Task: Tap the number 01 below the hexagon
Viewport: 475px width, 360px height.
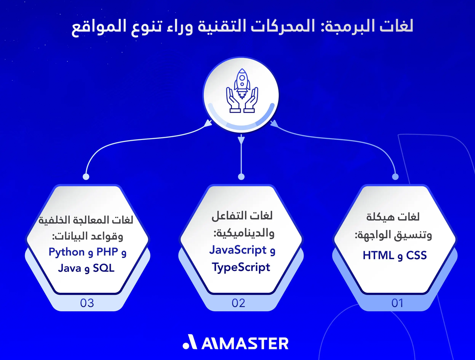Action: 397,303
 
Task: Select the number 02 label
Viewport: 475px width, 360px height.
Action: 239,303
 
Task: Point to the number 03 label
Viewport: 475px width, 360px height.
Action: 87,303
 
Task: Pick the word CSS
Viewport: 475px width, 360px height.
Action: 416,256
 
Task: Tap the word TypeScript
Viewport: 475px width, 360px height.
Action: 241,267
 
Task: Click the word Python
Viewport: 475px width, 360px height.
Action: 66,252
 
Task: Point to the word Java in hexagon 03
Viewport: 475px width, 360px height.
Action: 70,269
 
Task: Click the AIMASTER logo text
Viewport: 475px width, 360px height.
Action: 245,343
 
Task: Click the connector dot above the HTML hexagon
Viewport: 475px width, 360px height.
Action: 395,176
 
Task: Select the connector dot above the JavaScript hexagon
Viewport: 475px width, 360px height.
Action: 241,176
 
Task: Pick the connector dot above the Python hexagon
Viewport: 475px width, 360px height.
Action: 85,176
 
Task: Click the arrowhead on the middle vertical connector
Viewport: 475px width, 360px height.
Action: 241,139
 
